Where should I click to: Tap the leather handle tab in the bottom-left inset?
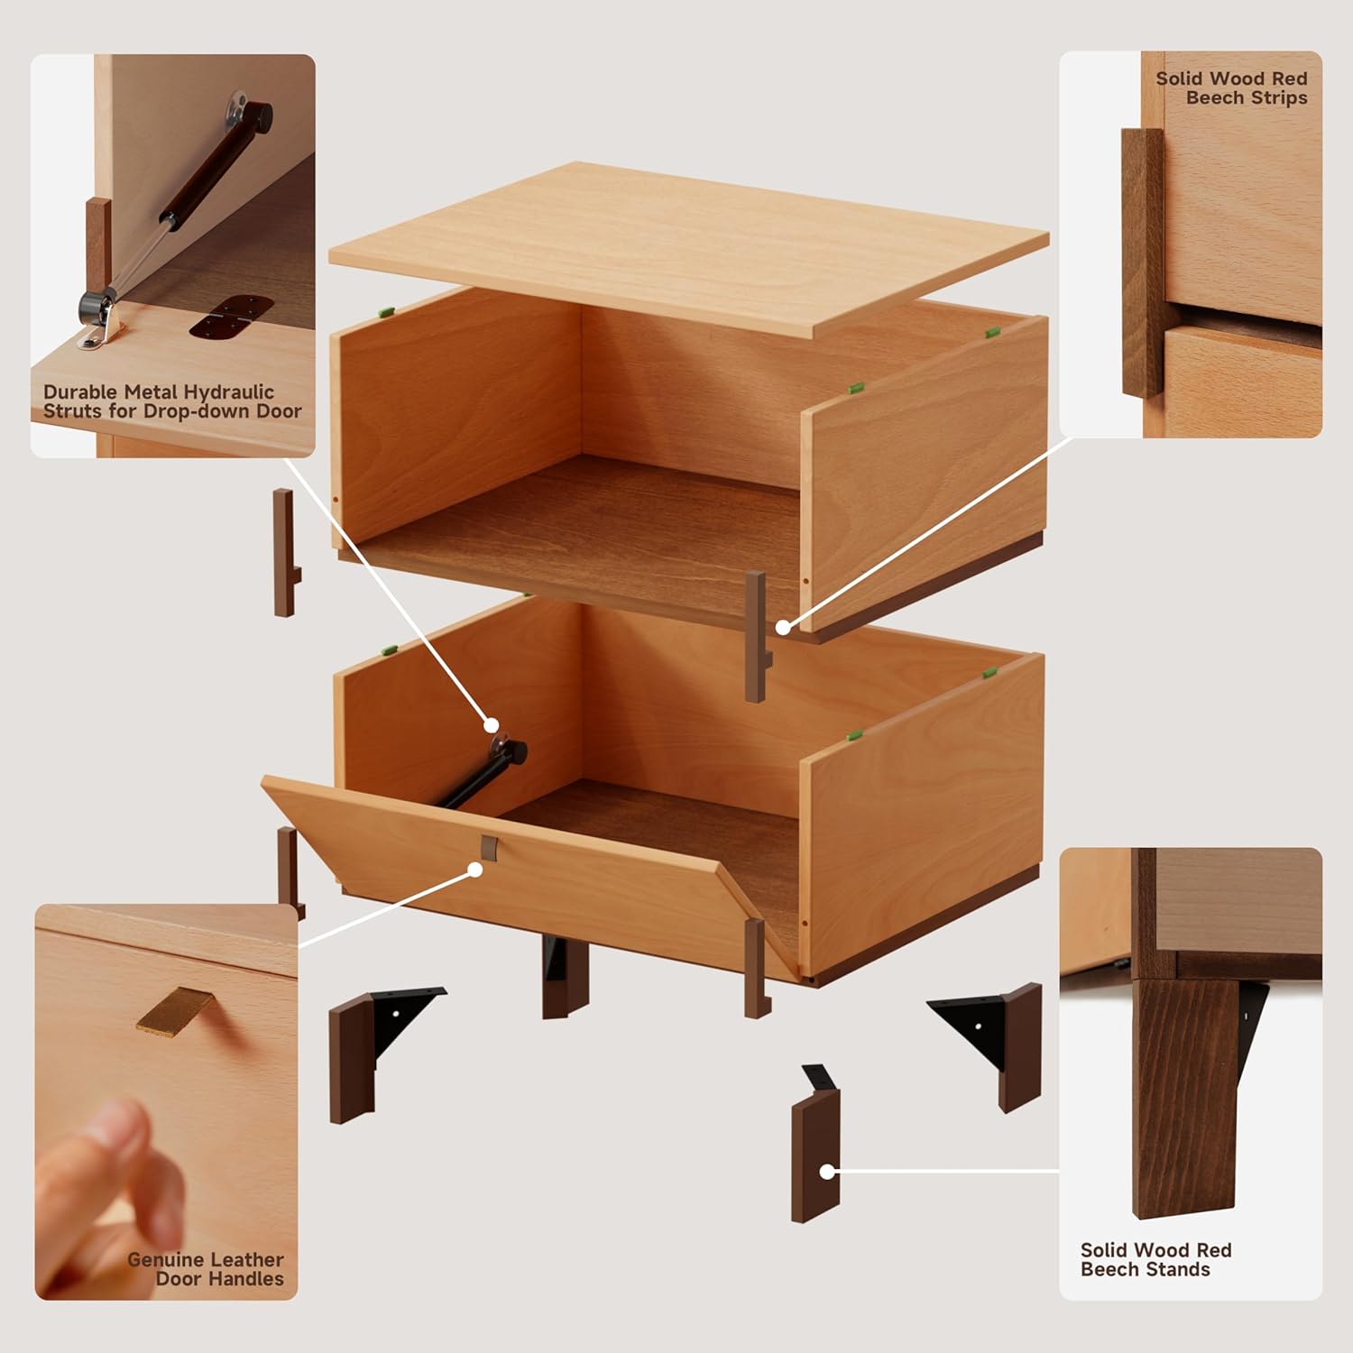[176, 1008]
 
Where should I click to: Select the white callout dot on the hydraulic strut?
[491, 724]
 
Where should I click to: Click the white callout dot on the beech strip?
[783, 626]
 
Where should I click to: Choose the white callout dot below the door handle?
[474, 869]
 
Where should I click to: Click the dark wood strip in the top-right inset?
[1143, 262]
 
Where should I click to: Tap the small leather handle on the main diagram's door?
[489, 847]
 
